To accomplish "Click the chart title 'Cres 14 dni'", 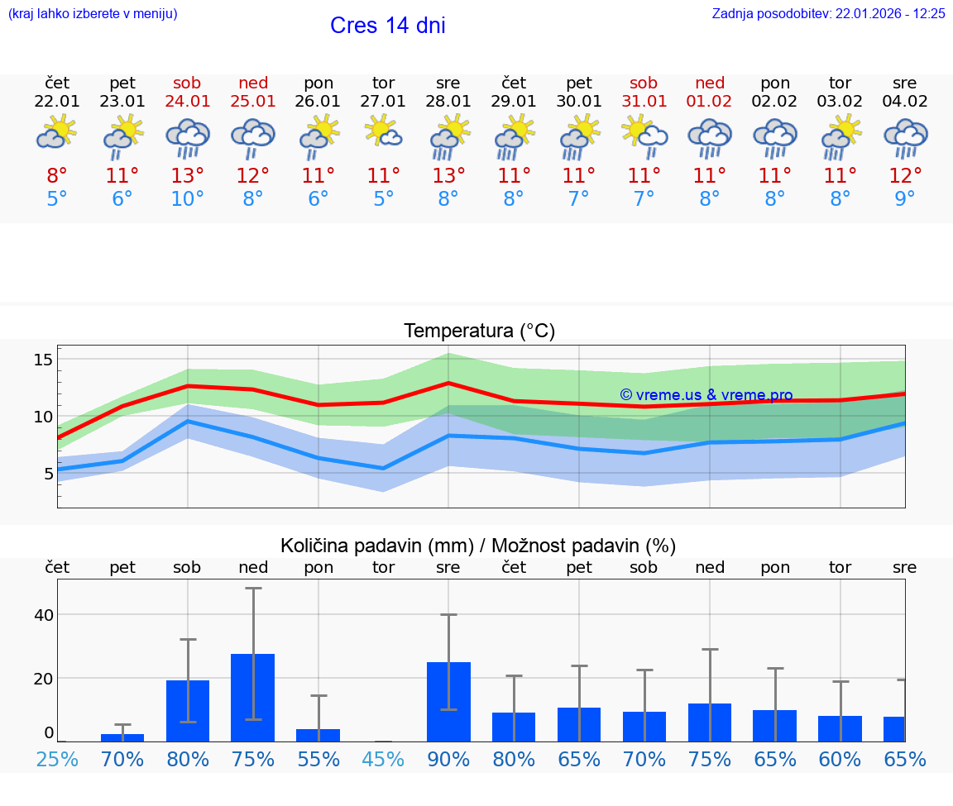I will [x=387, y=26].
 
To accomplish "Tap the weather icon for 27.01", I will [x=383, y=133].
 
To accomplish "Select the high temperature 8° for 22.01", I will [x=57, y=176].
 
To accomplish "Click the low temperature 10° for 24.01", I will [x=188, y=199].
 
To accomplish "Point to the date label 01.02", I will [x=709, y=102].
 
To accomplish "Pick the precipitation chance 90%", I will [x=448, y=759].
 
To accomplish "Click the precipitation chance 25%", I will [x=57, y=759].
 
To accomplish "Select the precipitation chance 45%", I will [x=383, y=759].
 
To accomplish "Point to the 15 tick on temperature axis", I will [x=43, y=360].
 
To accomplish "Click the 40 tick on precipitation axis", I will [x=43, y=615].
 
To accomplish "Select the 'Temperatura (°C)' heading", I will [x=479, y=331].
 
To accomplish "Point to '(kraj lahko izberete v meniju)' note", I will [x=93, y=14].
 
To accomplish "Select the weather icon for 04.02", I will [x=905, y=137].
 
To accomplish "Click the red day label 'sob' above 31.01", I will [x=644, y=83].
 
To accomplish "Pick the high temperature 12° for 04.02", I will [x=905, y=176].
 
